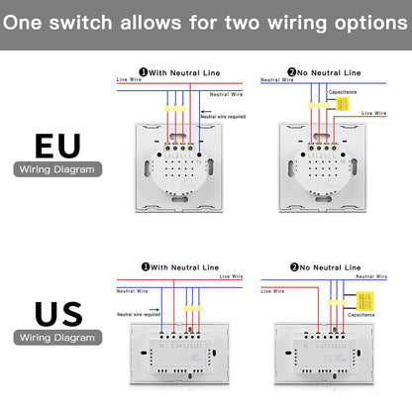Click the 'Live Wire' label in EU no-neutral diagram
coord(374,114)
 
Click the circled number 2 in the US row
coord(293,266)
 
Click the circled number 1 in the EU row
coord(145,71)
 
